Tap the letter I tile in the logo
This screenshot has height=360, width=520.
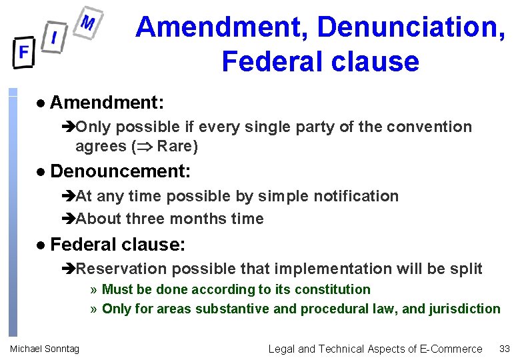pyautogui.click(x=54, y=37)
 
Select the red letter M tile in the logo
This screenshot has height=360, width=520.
pyautogui.click(x=87, y=24)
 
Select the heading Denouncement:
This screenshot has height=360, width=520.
pyautogui.click(x=120, y=171)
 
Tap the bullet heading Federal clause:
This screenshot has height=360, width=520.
pyautogui.click(x=117, y=245)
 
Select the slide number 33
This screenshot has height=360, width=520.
pyautogui.click(x=504, y=349)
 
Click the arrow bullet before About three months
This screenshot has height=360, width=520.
pyautogui.click(x=69, y=219)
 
